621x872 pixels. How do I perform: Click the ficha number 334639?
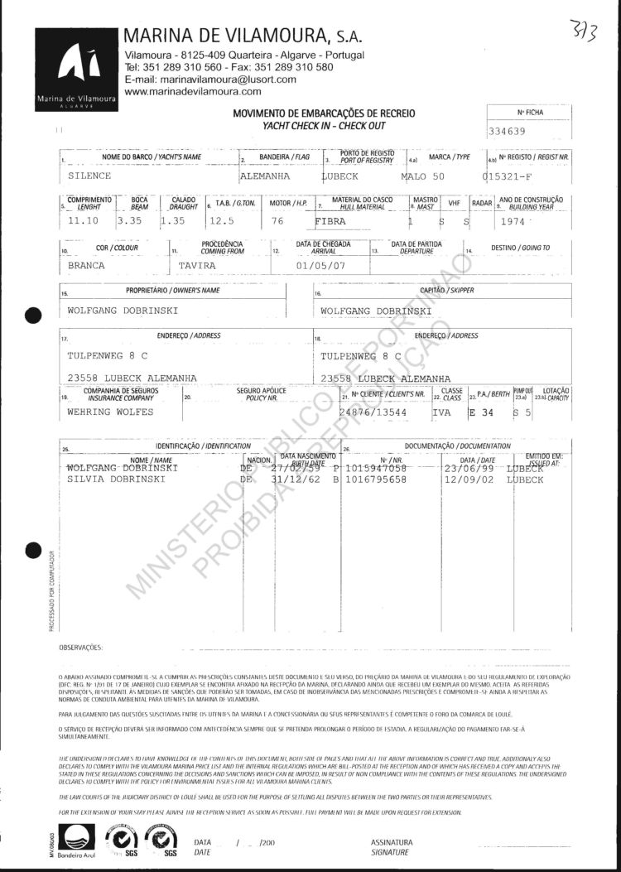[x=508, y=131]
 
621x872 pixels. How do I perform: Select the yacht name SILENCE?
[x=89, y=176]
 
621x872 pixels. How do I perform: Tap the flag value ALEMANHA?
[x=264, y=176]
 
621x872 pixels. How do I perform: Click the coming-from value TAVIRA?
[x=197, y=267]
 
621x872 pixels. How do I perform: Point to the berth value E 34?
[x=481, y=411]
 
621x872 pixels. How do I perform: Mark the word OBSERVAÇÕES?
[x=81, y=646]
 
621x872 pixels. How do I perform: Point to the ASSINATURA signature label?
[x=392, y=841]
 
